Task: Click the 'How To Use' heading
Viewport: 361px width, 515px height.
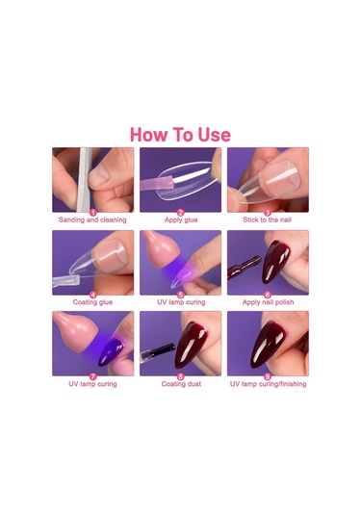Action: pos(180,135)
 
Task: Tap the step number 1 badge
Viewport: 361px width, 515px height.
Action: pos(93,213)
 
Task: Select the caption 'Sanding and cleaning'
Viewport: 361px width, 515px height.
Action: pos(92,219)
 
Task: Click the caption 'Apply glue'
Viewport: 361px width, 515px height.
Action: pos(181,219)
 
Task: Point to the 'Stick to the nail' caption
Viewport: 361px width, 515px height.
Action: pos(268,219)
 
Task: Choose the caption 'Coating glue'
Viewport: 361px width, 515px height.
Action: pos(92,302)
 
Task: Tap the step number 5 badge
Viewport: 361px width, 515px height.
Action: pos(180,295)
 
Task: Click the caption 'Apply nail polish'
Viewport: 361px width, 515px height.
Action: pos(268,302)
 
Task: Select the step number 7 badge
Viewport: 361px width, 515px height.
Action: pos(93,376)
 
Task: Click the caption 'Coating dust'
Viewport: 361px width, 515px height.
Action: pos(181,384)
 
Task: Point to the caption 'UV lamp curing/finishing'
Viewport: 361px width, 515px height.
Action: pos(268,384)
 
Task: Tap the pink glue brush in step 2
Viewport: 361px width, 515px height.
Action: pos(157,181)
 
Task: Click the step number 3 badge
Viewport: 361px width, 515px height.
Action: pos(268,213)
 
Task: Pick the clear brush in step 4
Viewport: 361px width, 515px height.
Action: pos(66,281)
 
